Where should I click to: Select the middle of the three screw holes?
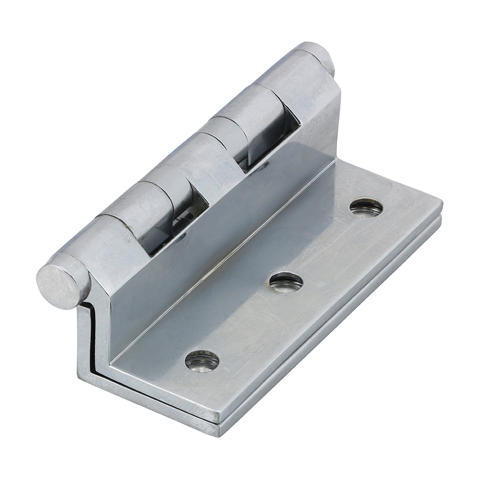[286, 282]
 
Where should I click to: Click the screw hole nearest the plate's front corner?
[202, 361]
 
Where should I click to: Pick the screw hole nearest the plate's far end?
[366, 207]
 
